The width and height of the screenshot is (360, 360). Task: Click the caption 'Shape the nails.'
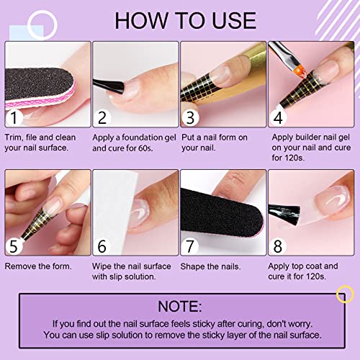click(209, 267)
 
